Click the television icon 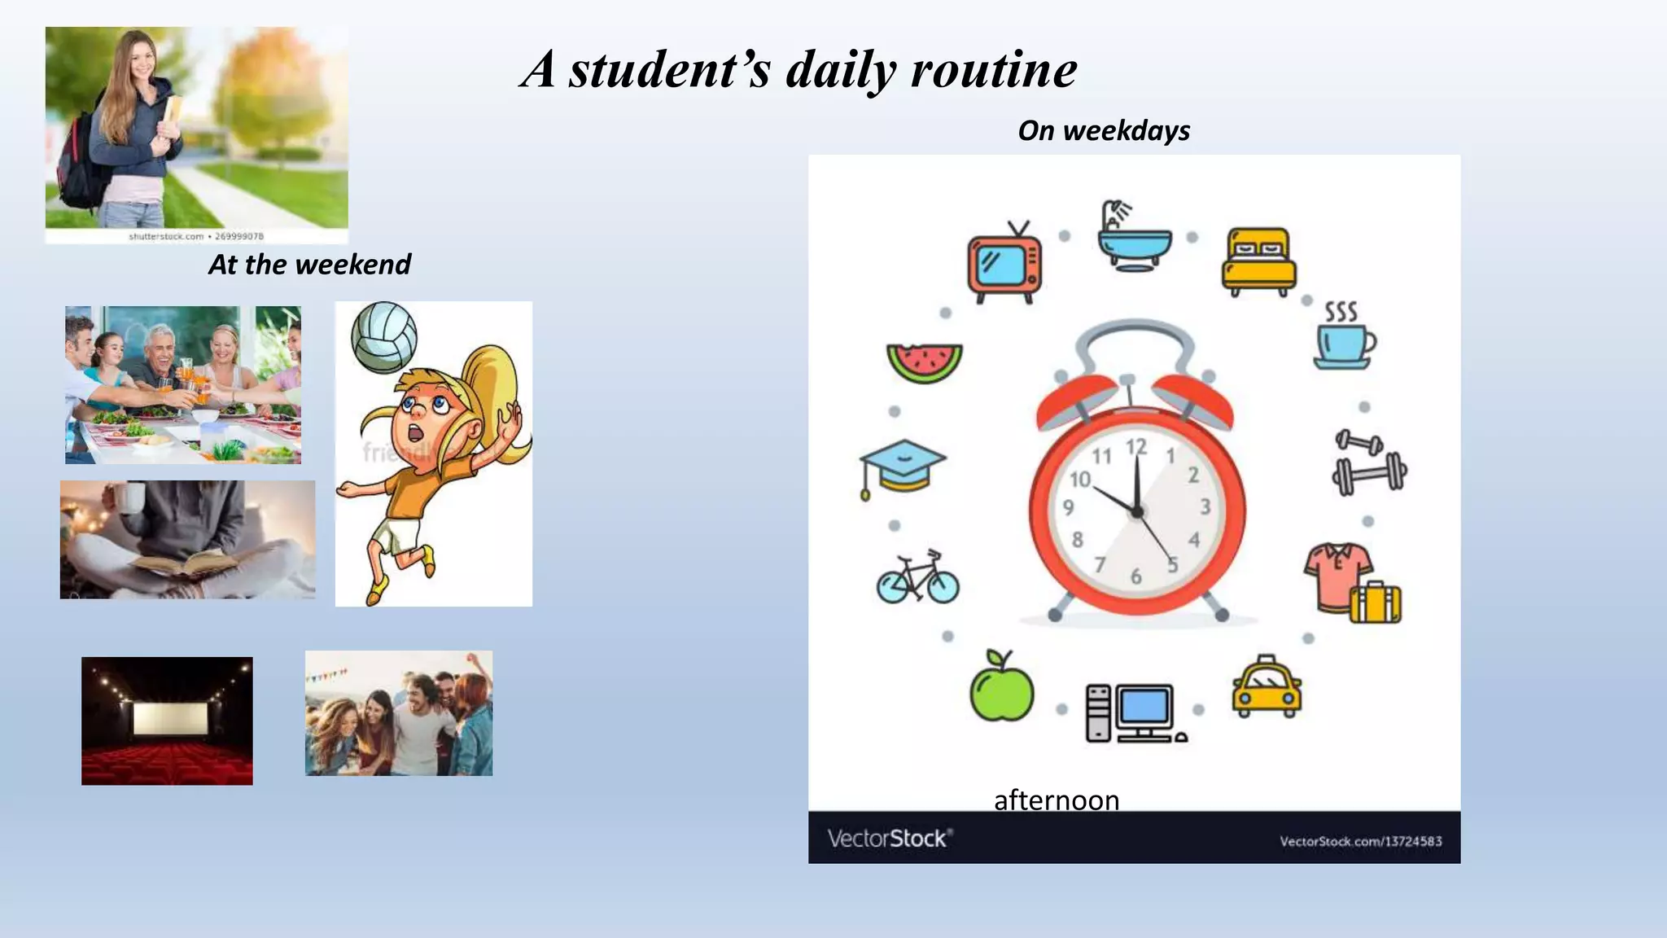[1004, 262]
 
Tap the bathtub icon [1133, 238]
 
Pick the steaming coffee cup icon [1345, 337]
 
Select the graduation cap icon [902, 467]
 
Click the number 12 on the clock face [1136, 447]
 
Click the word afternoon [1057, 800]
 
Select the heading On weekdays [1104, 130]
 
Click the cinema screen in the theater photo [167, 718]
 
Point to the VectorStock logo [890, 838]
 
